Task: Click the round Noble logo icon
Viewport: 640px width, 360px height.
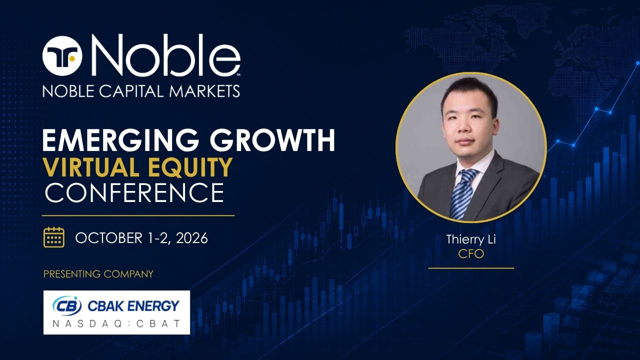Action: click(62, 56)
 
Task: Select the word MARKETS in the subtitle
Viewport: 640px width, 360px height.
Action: click(204, 91)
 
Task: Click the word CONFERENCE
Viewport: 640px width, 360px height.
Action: click(134, 192)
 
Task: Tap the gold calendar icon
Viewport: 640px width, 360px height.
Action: click(53, 237)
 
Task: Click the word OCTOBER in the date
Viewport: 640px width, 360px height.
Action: click(108, 238)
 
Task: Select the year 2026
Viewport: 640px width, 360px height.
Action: click(191, 238)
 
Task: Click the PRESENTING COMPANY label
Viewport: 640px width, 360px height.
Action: click(98, 274)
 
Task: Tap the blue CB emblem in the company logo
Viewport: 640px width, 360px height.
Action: click(67, 305)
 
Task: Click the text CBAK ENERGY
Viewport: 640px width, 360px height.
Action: click(133, 305)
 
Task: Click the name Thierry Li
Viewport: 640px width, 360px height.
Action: click(471, 239)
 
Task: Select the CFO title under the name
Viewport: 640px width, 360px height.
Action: click(471, 253)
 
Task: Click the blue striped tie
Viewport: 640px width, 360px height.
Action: click(463, 193)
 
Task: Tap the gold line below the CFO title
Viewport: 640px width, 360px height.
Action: click(471, 268)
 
